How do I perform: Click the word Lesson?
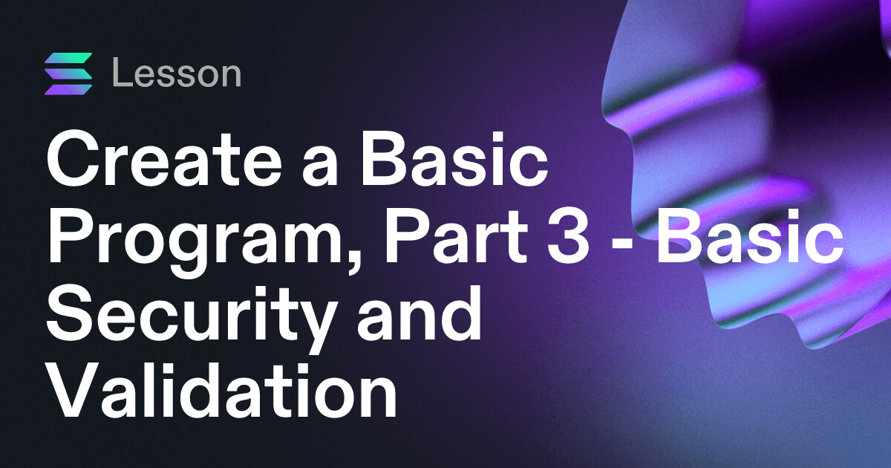coord(177,73)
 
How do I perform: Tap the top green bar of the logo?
coord(68,58)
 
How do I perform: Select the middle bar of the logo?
coord(68,74)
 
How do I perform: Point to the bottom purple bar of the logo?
coord(68,90)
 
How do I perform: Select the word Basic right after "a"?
coord(454,159)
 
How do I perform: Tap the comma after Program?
coord(353,264)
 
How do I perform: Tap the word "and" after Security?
coord(419,313)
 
